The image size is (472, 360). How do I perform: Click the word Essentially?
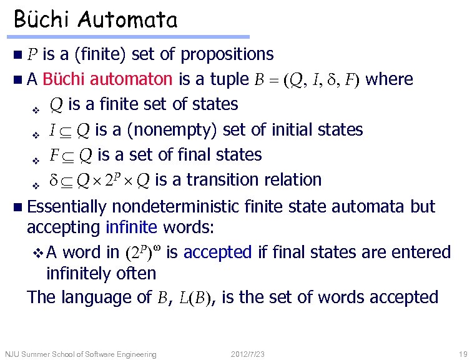coord(67,206)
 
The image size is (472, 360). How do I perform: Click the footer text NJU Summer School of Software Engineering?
coord(81,354)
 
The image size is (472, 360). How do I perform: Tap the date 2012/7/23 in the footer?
coord(248,354)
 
